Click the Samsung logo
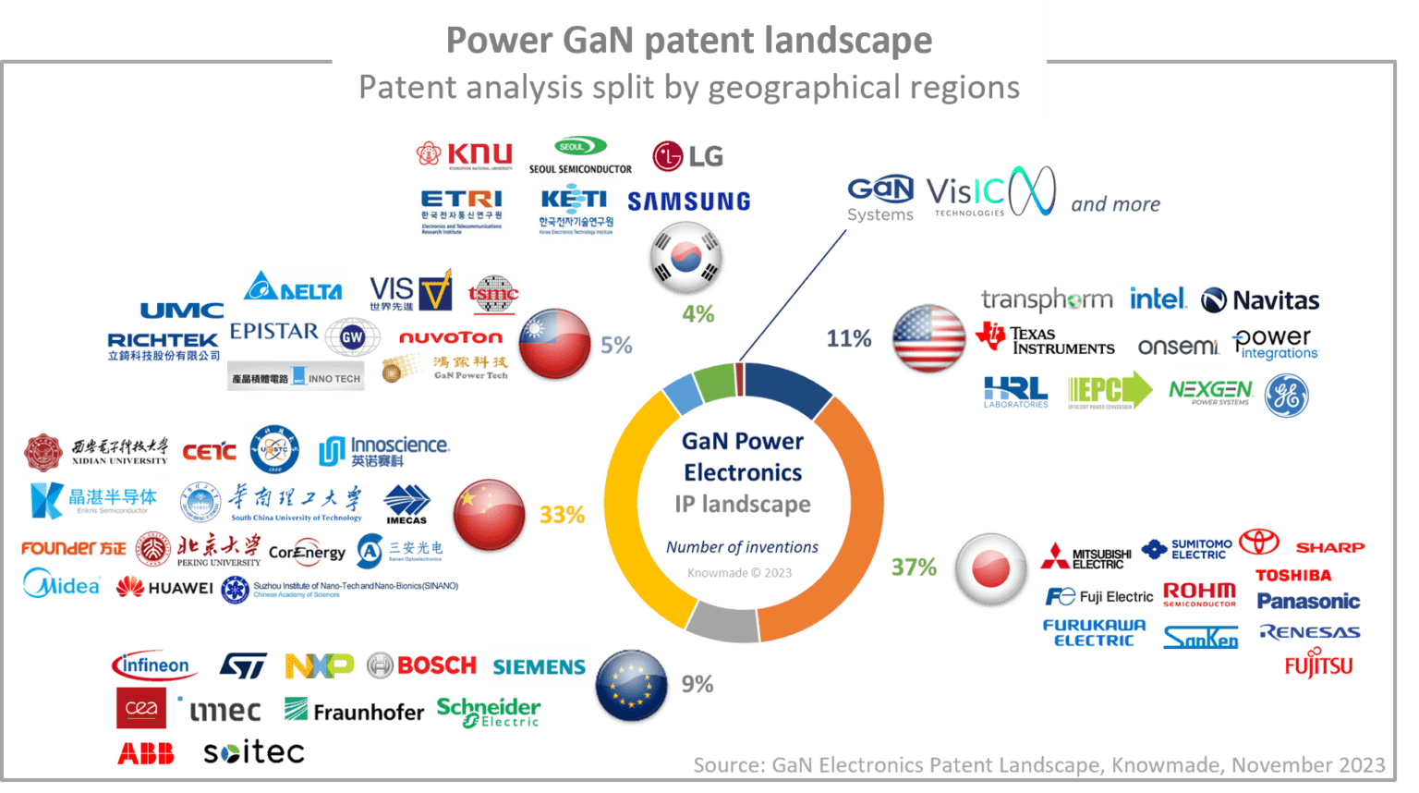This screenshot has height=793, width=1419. click(688, 201)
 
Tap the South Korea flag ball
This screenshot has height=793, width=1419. click(686, 259)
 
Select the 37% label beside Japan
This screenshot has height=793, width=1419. click(914, 567)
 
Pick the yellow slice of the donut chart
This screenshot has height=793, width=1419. click(637, 518)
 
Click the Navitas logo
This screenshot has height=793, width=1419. click(1260, 300)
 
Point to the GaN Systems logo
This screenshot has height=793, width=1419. click(879, 200)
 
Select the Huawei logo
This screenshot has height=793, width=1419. click(165, 588)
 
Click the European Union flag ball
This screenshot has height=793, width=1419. click(632, 687)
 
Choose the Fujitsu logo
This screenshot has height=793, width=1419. click(1318, 663)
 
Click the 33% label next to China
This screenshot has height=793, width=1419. click(562, 515)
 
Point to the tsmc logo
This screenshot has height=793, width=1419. click(492, 295)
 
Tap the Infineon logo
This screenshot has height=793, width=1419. click(153, 665)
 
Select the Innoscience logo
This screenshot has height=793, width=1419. click(383, 451)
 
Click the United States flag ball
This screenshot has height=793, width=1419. click(928, 339)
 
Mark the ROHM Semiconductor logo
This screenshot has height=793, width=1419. click(1199, 594)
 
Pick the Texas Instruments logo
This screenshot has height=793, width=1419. click(1046, 340)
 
